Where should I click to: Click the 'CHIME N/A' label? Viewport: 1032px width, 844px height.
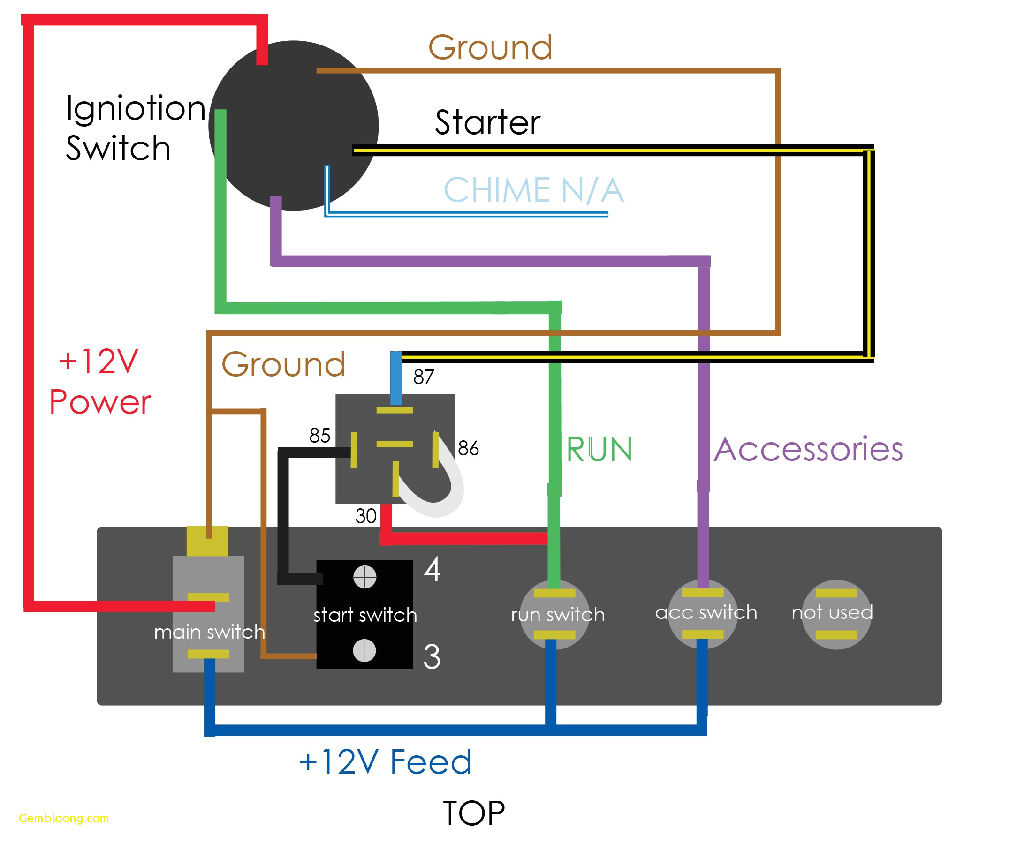tap(533, 190)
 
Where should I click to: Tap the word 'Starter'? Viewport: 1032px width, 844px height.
tap(487, 122)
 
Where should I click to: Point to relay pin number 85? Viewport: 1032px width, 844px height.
tap(319, 436)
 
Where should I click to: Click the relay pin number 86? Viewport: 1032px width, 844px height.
tap(468, 448)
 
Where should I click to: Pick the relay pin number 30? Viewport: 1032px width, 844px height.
tap(366, 516)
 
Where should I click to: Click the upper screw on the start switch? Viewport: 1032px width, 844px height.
tap(365, 577)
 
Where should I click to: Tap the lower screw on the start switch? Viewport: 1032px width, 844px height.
tap(364, 650)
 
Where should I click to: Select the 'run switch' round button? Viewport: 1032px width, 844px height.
tap(554, 615)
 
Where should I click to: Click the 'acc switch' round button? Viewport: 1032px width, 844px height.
tap(703, 614)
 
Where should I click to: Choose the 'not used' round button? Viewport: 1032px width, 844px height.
tap(836, 614)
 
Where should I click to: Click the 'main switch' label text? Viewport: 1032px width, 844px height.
tap(210, 632)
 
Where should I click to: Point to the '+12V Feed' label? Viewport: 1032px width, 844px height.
tap(385, 762)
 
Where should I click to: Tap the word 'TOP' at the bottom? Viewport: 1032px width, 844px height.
tap(474, 814)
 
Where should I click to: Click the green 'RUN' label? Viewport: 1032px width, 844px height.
tap(599, 449)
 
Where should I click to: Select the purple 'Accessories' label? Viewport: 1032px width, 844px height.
tap(808, 449)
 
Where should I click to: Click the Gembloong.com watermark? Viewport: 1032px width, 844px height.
tap(64, 818)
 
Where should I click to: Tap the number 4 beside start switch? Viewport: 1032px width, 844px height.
tap(432, 569)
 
